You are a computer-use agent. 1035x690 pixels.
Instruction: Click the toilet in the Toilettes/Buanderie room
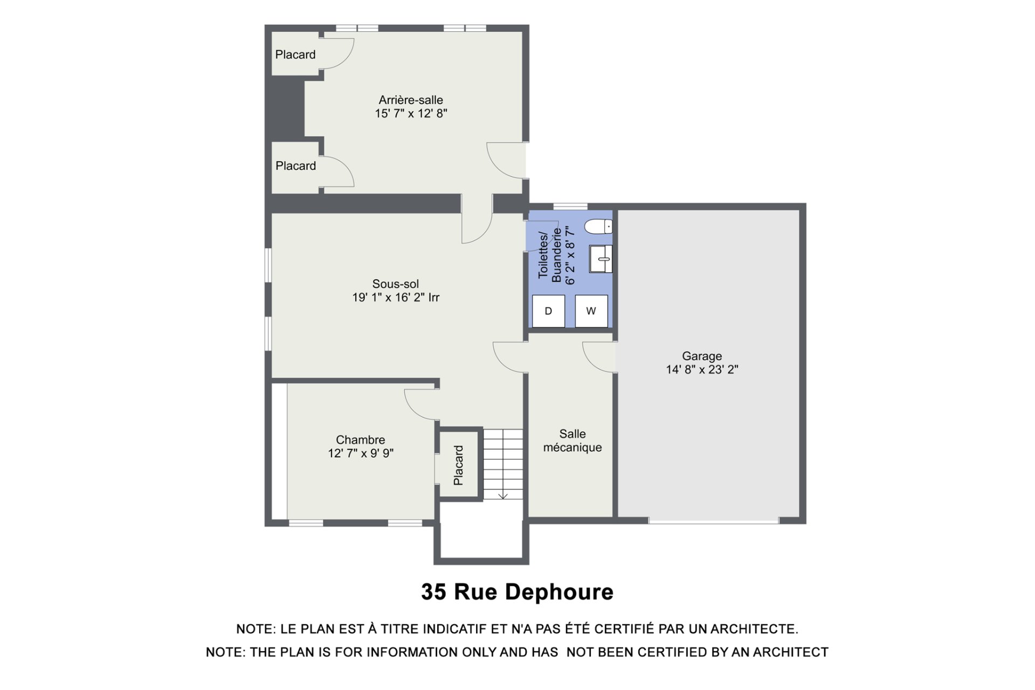tap(599, 227)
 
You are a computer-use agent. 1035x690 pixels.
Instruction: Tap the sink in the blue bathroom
tap(601, 259)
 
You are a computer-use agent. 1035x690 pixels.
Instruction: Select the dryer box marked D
tap(548, 311)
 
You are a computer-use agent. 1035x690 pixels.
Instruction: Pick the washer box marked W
tap(591, 311)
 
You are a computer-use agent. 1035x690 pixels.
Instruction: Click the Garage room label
tap(702, 356)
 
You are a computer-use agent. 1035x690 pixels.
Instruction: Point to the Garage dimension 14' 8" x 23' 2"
tap(702, 370)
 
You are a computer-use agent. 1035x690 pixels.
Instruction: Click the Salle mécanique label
tap(572, 440)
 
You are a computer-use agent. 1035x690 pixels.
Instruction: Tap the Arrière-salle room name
tap(411, 100)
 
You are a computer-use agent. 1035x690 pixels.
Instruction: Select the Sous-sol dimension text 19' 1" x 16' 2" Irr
tap(396, 298)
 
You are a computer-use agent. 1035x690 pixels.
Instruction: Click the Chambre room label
tap(361, 440)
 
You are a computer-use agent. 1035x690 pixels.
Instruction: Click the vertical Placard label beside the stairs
tap(458, 465)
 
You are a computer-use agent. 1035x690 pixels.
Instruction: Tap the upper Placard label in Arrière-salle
tap(295, 54)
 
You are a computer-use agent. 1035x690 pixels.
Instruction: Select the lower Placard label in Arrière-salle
tap(296, 166)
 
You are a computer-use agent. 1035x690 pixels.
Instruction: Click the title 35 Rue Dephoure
tap(517, 592)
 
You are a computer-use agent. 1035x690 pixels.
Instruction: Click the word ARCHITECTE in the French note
tap(754, 629)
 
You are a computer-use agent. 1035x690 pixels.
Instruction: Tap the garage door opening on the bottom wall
tap(714, 521)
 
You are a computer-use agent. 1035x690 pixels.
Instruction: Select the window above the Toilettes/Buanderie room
tap(570, 206)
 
